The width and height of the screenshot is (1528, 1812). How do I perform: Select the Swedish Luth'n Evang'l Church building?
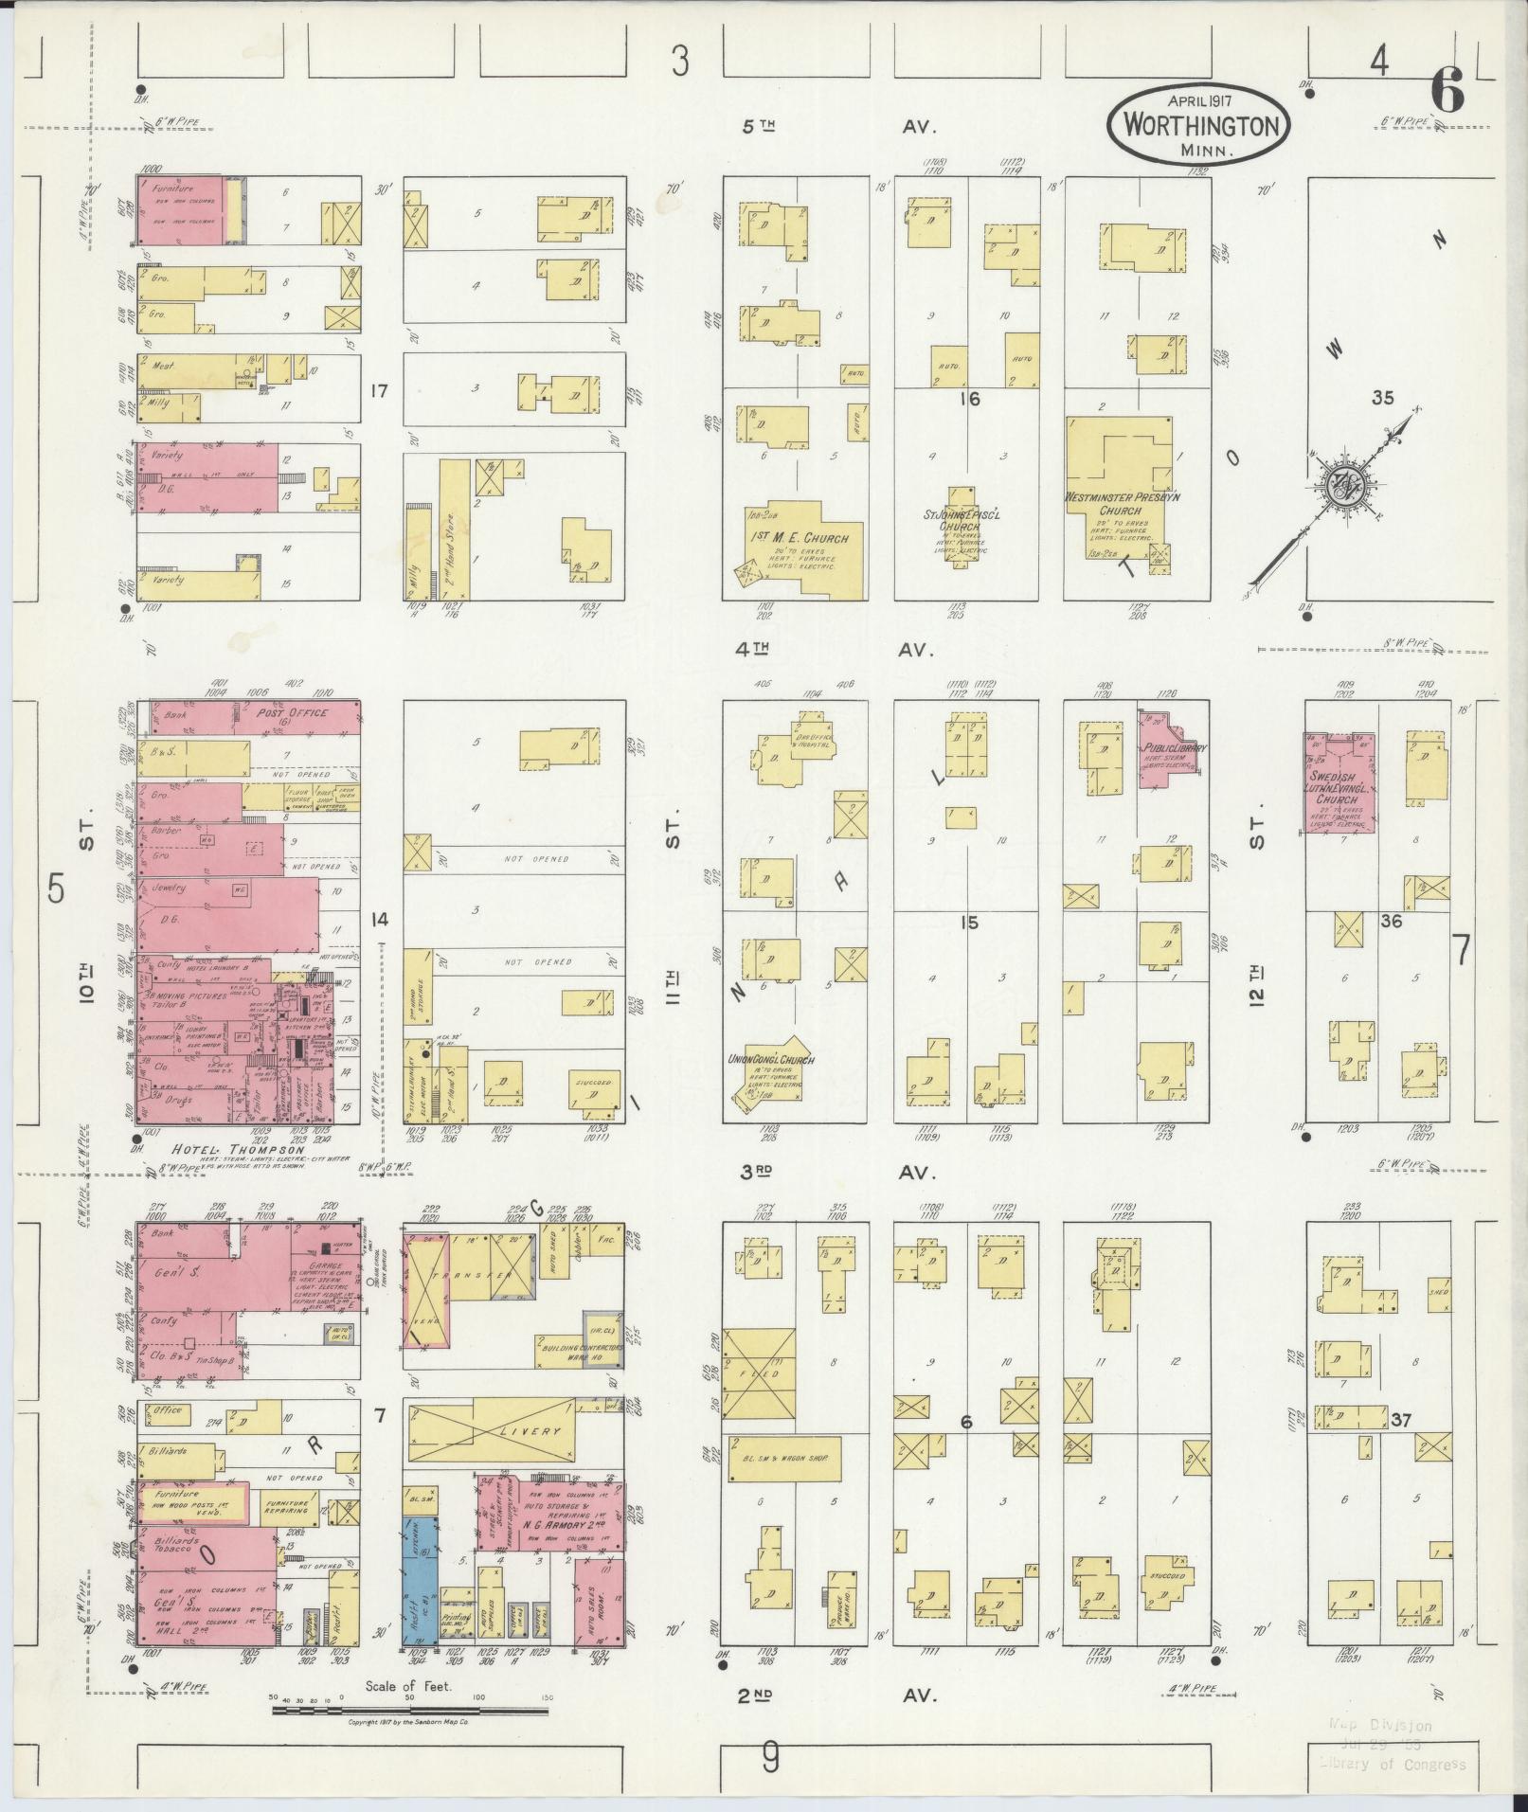tap(1340, 782)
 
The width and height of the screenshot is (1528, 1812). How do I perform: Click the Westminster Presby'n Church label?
tap(1119, 502)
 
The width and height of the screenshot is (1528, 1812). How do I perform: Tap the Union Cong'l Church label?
tap(771, 1060)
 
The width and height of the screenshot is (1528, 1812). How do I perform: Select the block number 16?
tap(969, 400)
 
